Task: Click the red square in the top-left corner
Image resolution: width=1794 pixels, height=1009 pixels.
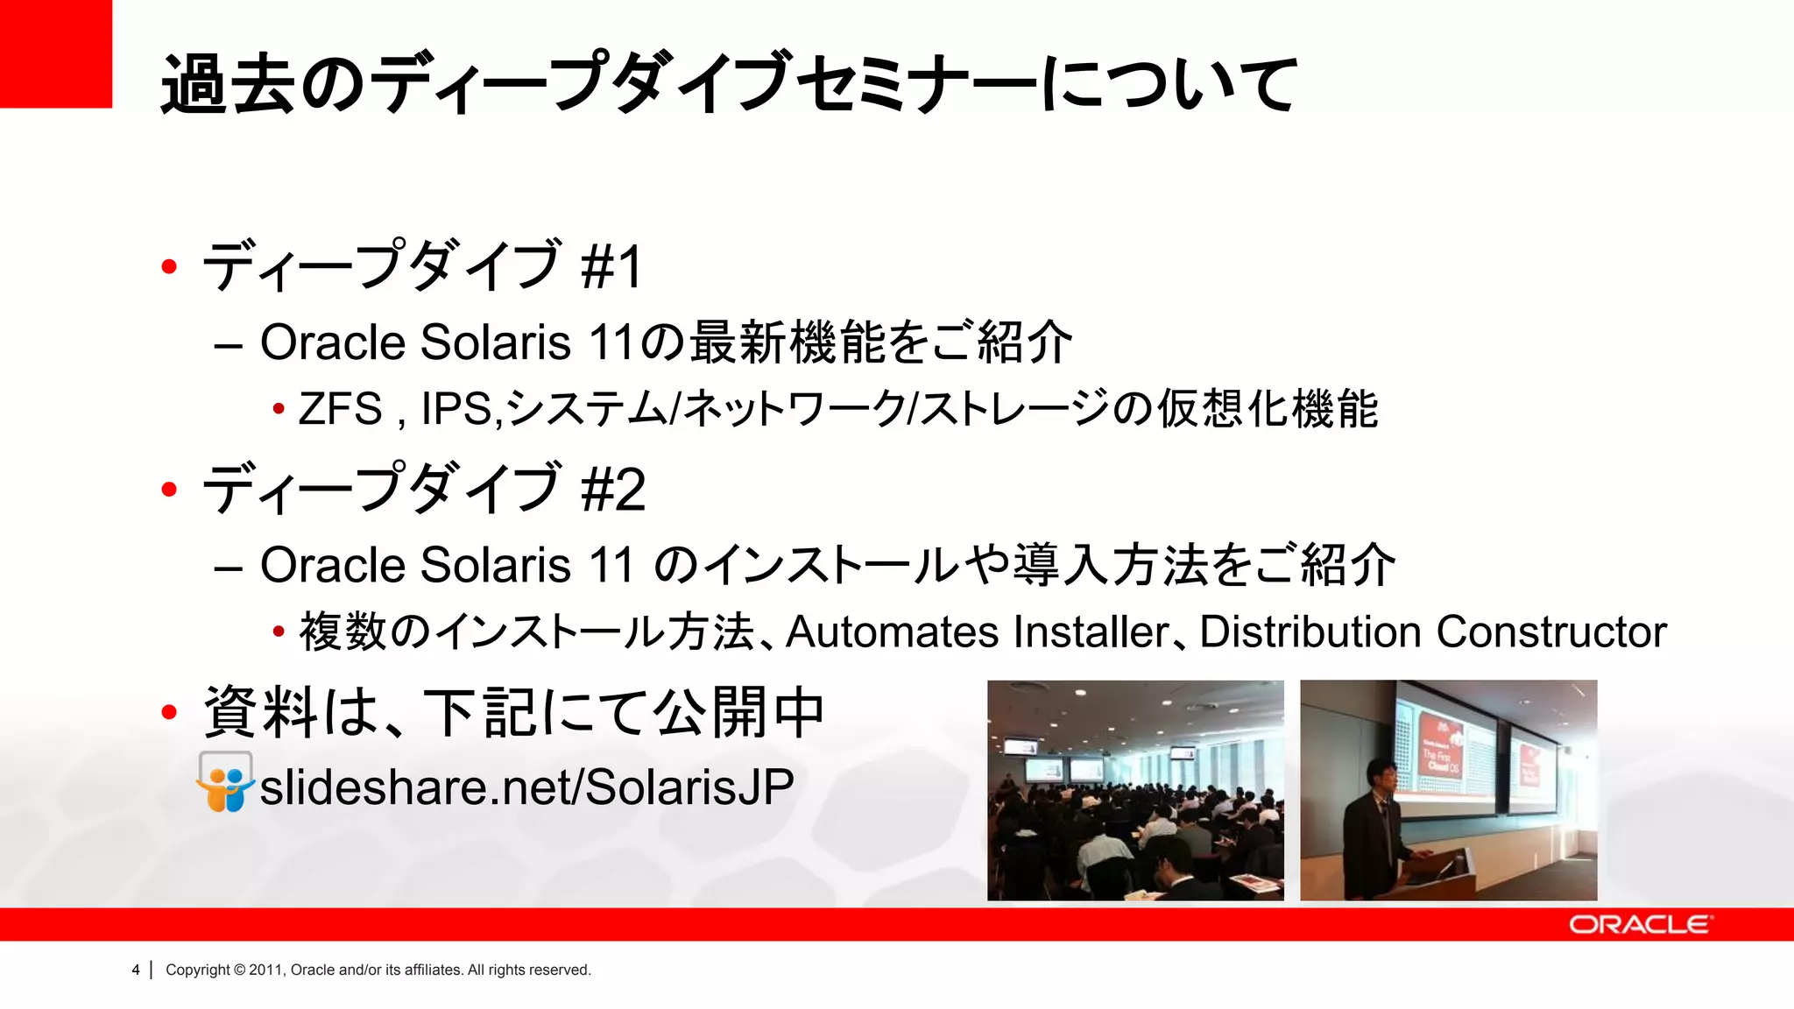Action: pyautogui.click(x=55, y=53)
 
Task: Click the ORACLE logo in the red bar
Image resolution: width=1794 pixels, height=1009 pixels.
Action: pyautogui.click(x=1639, y=925)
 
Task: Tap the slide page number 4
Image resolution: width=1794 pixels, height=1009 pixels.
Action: pyautogui.click(x=136, y=970)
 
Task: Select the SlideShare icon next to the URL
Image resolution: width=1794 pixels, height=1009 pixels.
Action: pyautogui.click(x=225, y=782)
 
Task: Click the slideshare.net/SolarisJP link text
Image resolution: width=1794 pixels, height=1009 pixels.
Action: pyautogui.click(x=526, y=787)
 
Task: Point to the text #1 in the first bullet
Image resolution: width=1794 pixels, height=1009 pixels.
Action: pyautogui.click(x=611, y=266)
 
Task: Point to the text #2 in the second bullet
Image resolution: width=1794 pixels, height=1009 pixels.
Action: pyautogui.click(x=613, y=490)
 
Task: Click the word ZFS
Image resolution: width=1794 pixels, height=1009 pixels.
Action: pyautogui.click(x=340, y=409)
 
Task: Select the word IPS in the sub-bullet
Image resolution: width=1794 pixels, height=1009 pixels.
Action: pyautogui.click(x=456, y=409)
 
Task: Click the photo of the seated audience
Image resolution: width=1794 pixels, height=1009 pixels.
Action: pyautogui.click(x=1135, y=790)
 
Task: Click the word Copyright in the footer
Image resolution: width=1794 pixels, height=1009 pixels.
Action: pyautogui.click(x=198, y=970)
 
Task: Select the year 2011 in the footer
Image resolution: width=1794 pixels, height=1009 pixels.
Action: pyautogui.click(x=265, y=970)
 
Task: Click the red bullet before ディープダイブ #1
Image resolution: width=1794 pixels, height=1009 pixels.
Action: pyautogui.click(x=170, y=266)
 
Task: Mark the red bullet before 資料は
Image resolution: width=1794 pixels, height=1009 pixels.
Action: pyautogui.click(x=170, y=712)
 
